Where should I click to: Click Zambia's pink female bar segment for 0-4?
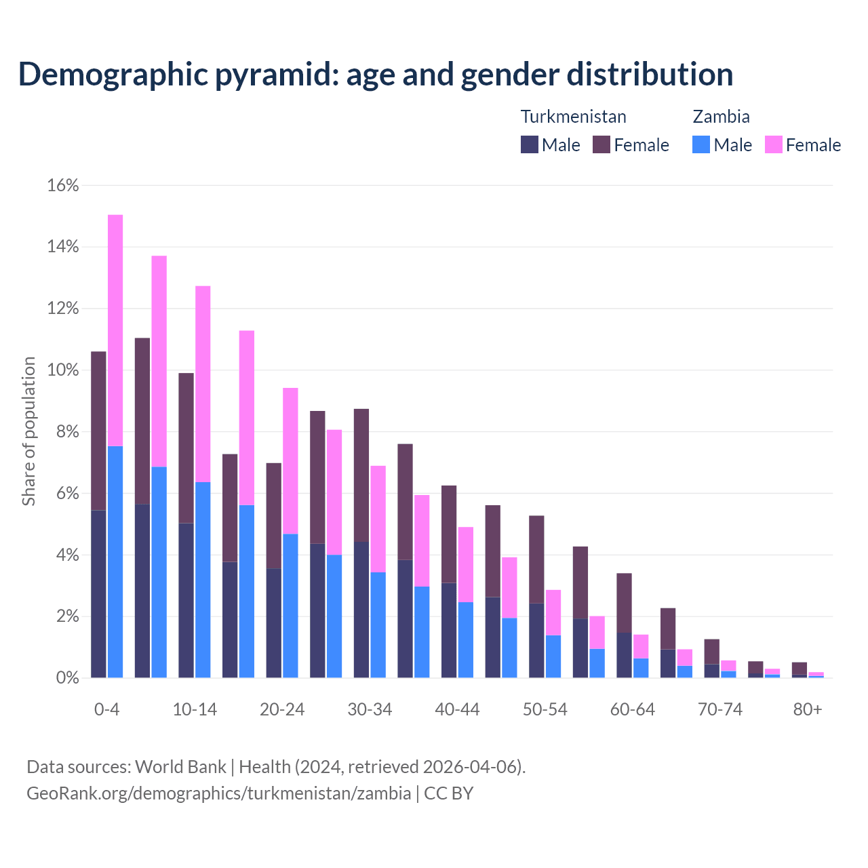[x=115, y=330]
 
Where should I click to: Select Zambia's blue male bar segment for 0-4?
[x=115, y=561]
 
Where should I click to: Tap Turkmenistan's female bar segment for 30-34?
[x=361, y=475]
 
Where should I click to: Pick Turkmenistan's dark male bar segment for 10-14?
[x=186, y=600]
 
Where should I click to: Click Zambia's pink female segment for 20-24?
[x=290, y=461]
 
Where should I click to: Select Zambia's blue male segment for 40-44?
[x=465, y=639]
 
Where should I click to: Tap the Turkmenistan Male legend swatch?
[x=530, y=144]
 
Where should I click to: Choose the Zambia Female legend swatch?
[x=774, y=144]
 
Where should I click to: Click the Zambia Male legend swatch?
[x=701, y=144]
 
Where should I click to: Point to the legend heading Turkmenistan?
[x=573, y=117]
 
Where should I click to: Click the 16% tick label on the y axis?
[x=63, y=185]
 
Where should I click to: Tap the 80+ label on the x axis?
[x=808, y=709]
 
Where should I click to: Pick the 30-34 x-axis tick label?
[x=370, y=709]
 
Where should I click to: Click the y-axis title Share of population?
[x=28, y=431]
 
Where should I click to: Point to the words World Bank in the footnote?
[x=180, y=767]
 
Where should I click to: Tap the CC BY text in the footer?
[x=449, y=793]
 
